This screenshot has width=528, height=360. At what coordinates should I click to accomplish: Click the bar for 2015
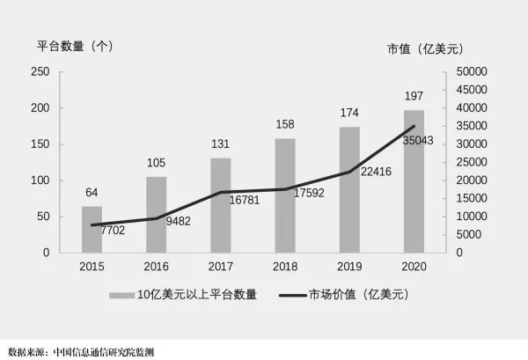(92, 230)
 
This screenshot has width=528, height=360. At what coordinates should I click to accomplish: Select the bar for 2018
(285, 195)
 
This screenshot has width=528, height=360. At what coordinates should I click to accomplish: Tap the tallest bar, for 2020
(414, 181)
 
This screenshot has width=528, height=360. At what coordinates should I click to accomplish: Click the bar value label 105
(156, 163)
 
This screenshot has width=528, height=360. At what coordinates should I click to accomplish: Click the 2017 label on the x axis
(220, 266)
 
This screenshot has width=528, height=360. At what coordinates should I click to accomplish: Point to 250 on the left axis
(40, 71)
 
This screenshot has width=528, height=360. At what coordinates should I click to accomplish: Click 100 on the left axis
(40, 180)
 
